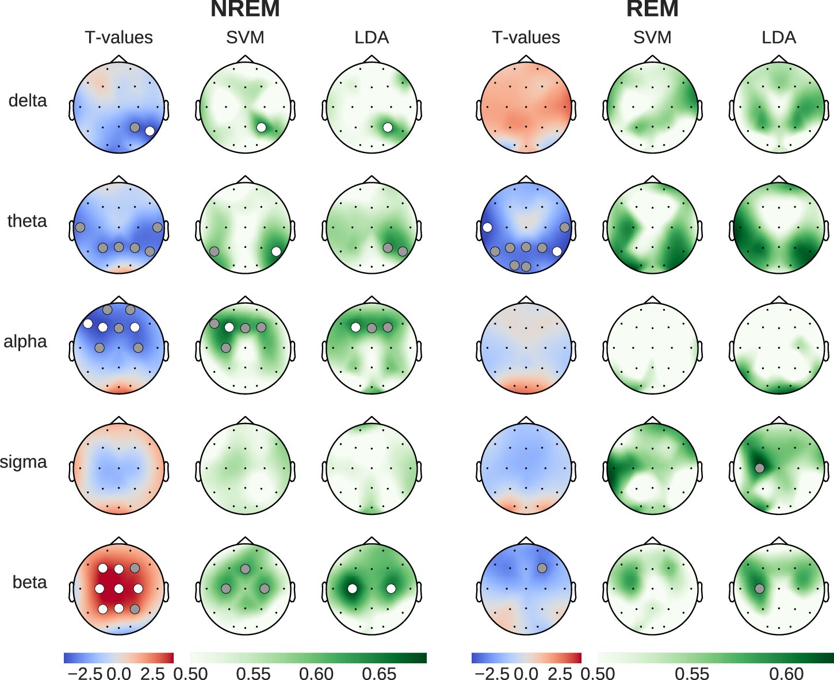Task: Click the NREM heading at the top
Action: [245, 9]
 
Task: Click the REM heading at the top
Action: [652, 9]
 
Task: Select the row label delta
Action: [28, 101]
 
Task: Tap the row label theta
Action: [27, 221]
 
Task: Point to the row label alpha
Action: [25, 342]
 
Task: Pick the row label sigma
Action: [24, 462]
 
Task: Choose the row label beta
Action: [29, 582]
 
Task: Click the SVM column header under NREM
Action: [245, 37]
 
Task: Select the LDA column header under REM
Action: [779, 37]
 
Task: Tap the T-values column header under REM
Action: [526, 37]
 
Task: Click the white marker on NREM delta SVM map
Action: [261, 127]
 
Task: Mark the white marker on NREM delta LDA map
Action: [388, 127]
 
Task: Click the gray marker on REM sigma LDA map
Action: [759, 468]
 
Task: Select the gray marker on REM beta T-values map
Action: [542, 568]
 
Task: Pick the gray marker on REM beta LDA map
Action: [759, 589]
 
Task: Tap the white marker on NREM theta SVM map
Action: [276, 251]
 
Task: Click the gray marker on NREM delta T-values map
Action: [135, 127]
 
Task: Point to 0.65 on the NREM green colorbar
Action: [380, 673]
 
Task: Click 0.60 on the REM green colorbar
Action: [786, 673]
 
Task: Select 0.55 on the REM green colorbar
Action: [693, 673]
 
